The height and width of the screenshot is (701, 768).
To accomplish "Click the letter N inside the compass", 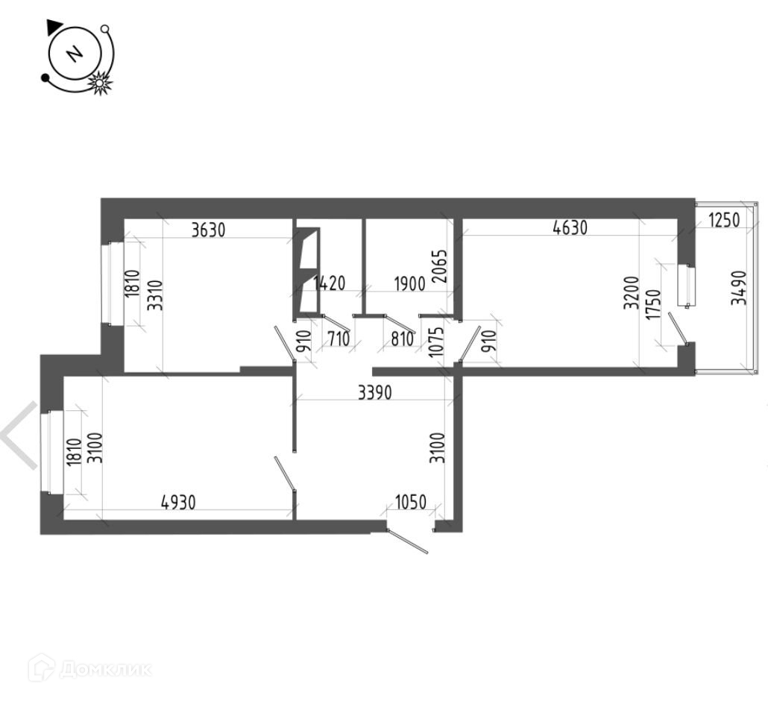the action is [x=74, y=54].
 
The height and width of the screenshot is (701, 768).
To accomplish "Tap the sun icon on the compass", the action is [x=99, y=84].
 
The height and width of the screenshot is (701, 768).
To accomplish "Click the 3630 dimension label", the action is [x=208, y=230].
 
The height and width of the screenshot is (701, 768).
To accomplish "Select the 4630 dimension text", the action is [x=570, y=229].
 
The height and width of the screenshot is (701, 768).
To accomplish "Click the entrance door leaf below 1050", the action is [x=409, y=541].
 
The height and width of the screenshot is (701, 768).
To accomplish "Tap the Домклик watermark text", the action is [x=104, y=669].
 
